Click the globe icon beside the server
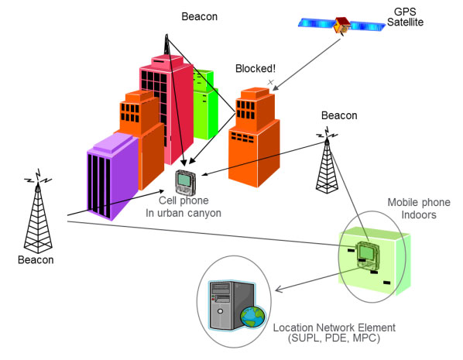coord(252,317)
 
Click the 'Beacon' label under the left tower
coord(36,259)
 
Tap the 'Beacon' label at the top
coord(200,15)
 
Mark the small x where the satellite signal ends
coord(270,81)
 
